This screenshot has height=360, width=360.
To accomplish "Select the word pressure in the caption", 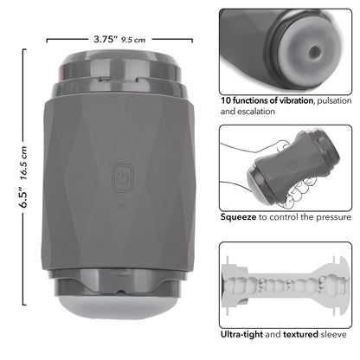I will (x=330, y=219).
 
